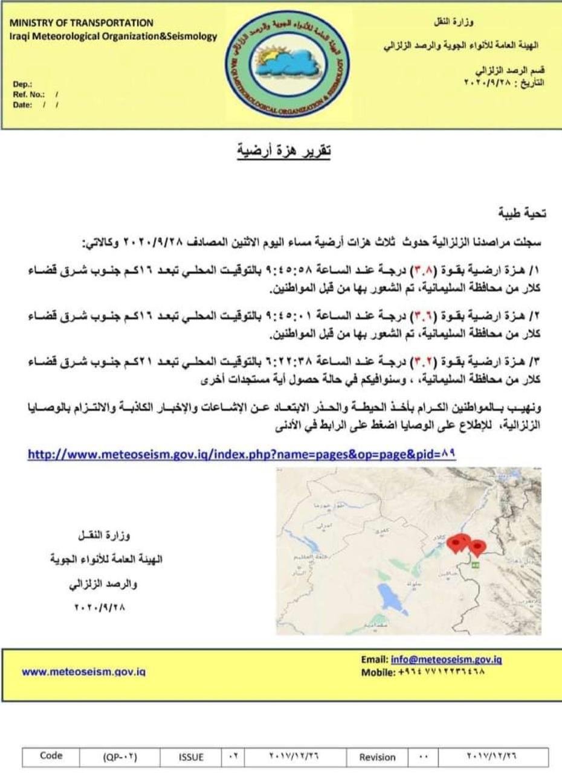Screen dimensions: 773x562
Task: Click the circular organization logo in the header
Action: coord(289,64)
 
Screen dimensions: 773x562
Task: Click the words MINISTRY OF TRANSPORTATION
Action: coord(82,23)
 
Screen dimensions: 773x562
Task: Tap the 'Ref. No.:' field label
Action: coord(28,94)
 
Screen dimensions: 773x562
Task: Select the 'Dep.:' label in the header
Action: coord(22,85)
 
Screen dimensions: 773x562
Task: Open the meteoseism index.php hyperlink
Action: coord(241,454)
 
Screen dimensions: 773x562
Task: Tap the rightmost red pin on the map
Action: coord(477,547)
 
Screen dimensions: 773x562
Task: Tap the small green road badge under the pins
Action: coord(475,565)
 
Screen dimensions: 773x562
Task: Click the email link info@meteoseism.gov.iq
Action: coord(447,659)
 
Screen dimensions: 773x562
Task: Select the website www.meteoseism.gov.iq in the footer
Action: coord(84,671)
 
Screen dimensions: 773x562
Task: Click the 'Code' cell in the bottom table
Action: coord(51,755)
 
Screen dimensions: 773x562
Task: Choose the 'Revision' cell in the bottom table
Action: coord(377,757)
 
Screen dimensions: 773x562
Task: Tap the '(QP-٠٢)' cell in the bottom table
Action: coord(120,757)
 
